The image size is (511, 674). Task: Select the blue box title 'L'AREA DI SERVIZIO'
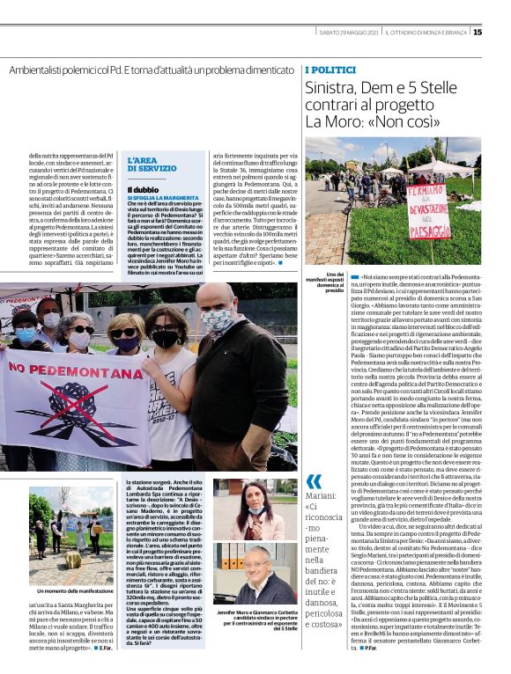tap(152, 163)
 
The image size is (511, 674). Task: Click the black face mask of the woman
tap(165, 337)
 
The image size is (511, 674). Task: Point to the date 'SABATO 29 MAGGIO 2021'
tap(349, 33)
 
